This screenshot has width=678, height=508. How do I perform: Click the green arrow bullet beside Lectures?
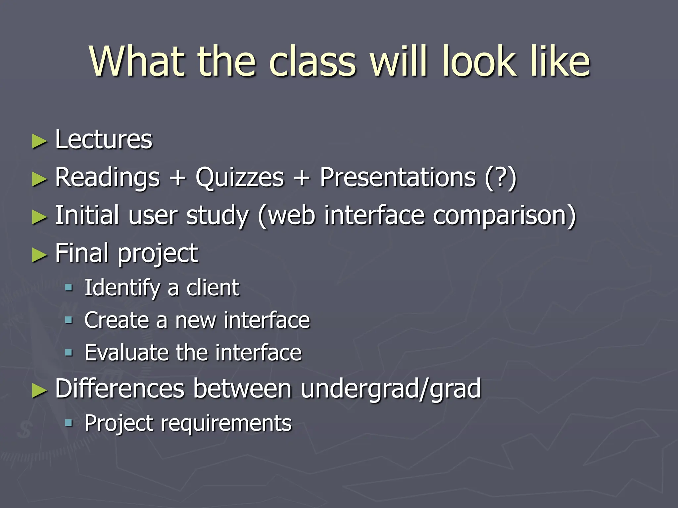click(x=39, y=142)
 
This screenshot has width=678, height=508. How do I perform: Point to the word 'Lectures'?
click(x=104, y=140)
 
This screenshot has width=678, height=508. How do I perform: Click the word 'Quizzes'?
click(x=240, y=178)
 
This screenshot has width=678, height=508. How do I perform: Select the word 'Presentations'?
click(x=398, y=178)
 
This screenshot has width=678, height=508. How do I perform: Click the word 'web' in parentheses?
click(x=291, y=216)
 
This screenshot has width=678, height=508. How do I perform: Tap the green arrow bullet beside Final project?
click(x=39, y=255)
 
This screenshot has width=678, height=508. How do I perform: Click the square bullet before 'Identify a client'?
click(x=69, y=287)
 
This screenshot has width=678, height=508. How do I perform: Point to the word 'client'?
click(x=213, y=287)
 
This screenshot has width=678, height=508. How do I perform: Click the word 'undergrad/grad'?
click(x=391, y=389)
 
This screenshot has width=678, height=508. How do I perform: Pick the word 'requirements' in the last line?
click(x=226, y=423)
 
